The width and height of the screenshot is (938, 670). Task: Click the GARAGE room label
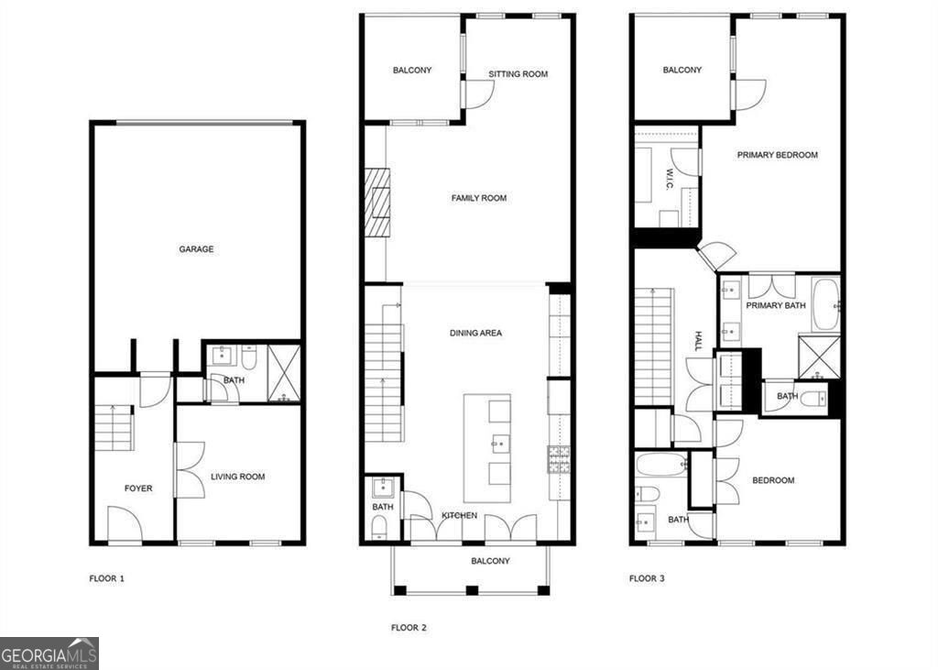click(196, 248)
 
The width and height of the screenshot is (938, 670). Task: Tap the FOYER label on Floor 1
click(138, 489)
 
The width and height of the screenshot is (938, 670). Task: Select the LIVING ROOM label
click(238, 477)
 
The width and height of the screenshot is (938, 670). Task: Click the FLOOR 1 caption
click(106, 578)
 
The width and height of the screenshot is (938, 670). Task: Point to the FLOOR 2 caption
click(409, 628)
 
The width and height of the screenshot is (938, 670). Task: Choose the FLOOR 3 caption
click(647, 578)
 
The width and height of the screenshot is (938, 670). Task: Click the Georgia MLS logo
click(49, 654)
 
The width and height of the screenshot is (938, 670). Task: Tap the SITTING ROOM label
click(518, 74)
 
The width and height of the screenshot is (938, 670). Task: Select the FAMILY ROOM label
click(479, 198)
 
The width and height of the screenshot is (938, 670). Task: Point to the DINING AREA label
click(475, 333)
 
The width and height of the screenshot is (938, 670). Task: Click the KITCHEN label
click(459, 516)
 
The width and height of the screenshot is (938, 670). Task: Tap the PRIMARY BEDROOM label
click(778, 155)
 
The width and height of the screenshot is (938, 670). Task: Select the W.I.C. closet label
click(670, 179)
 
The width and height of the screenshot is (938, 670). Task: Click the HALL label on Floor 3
click(697, 342)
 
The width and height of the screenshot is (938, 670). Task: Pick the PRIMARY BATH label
click(776, 305)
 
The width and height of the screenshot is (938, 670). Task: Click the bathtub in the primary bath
click(825, 304)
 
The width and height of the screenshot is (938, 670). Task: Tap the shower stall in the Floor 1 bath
click(285, 374)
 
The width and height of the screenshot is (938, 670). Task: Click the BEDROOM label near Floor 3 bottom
click(773, 480)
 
